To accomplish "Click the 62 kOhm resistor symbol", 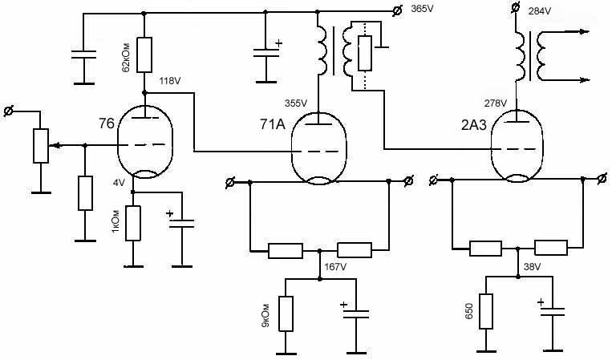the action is (144, 55).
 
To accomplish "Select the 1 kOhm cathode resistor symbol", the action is (132, 224).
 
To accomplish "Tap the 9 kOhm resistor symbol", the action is (286, 314).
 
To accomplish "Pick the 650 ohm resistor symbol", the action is (486, 311).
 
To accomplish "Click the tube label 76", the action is (107, 123).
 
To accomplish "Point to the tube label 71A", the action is (273, 124).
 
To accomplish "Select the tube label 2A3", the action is (474, 125).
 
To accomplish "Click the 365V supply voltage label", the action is (422, 9).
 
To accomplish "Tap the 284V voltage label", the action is (540, 11).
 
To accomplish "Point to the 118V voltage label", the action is (170, 81).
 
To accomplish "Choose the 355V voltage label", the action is (296, 103).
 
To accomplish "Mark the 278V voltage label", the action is (496, 103).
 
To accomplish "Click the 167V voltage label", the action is (335, 267).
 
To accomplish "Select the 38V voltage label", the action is (533, 267).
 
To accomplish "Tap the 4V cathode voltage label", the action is (119, 183).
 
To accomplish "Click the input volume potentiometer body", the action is (41, 145).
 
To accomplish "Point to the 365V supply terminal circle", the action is (397, 12).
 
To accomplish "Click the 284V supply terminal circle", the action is (516, 7).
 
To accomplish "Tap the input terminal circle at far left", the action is (8, 111).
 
